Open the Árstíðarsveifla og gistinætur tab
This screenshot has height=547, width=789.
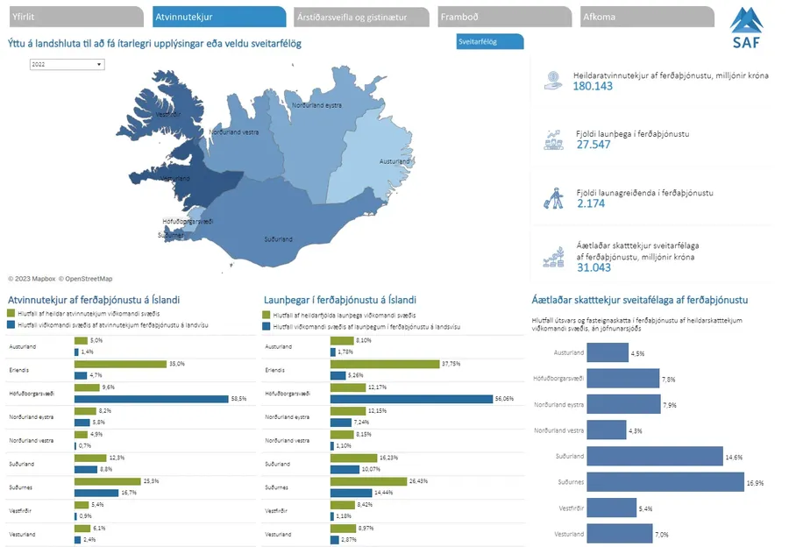pos(359,17)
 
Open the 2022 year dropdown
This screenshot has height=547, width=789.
pos(67,64)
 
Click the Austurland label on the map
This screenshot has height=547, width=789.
pos(394,162)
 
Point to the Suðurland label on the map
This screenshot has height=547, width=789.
pos(279,238)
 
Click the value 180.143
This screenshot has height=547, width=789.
pos(593,87)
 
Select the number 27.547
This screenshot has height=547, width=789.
pos(594,145)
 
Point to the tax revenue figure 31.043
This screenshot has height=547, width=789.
pos(594,267)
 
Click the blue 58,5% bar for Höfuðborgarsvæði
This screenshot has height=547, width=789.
pos(151,399)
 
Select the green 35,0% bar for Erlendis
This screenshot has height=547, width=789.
pos(120,364)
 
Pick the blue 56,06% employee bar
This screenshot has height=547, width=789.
pos(411,399)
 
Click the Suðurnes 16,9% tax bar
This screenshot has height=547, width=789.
pos(664,482)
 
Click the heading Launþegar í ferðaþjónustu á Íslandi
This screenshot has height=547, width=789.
pos(340,300)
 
